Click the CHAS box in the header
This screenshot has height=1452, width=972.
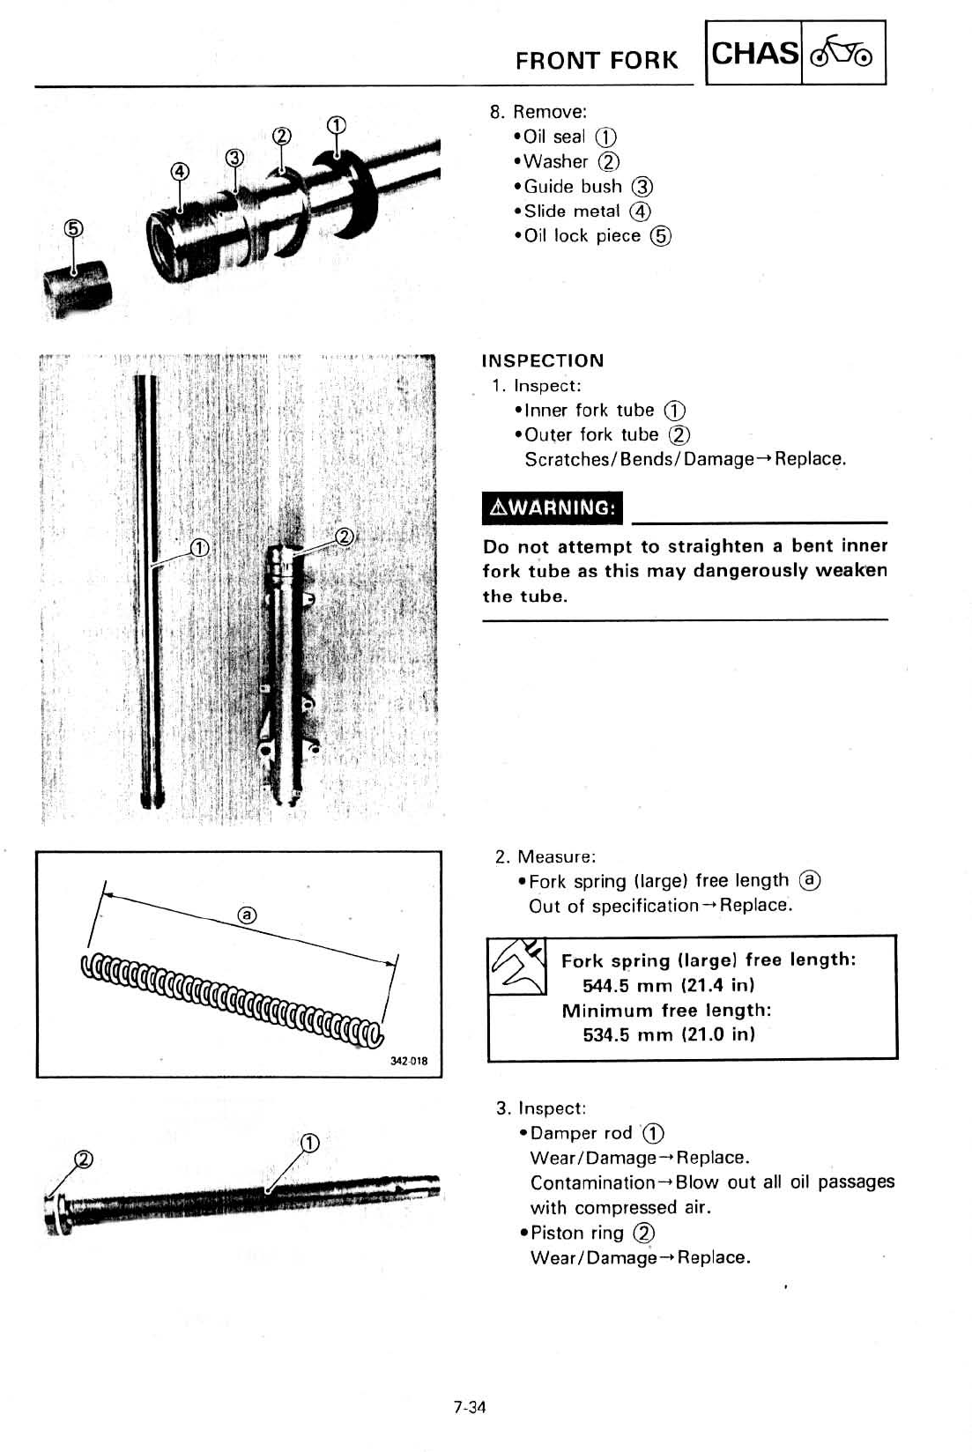[754, 54]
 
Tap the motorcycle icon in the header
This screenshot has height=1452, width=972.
[842, 54]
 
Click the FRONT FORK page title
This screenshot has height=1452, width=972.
[597, 61]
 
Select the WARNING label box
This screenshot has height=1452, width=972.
[553, 507]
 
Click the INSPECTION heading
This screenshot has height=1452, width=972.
[543, 360]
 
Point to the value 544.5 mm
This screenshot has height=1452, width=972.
[627, 985]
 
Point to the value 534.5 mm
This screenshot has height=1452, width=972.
[627, 1034]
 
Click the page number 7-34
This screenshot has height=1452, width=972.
[470, 1407]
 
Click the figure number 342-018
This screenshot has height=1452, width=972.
[409, 1061]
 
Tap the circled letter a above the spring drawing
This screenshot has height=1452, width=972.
[248, 915]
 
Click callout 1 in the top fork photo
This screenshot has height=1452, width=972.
[336, 124]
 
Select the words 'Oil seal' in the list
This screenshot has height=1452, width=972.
[554, 137]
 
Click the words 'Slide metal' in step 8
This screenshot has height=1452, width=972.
[572, 211]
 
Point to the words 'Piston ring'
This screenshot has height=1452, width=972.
[577, 1233]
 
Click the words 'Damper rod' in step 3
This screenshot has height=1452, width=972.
[582, 1133]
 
